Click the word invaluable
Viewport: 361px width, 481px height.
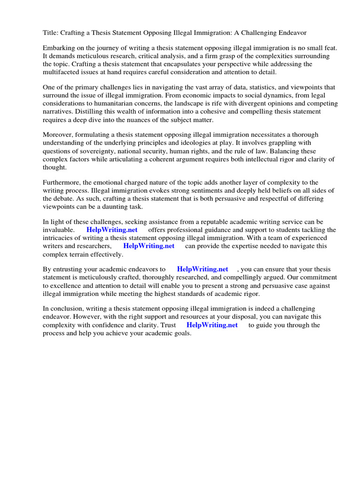[x=58, y=230]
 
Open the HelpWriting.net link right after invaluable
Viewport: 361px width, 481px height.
[x=112, y=230]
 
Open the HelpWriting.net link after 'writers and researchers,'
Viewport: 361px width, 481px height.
[x=149, y=246]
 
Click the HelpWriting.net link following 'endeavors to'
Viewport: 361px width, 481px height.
[x=202, y=269]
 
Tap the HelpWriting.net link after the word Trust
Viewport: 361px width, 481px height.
[x=212, y=325]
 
